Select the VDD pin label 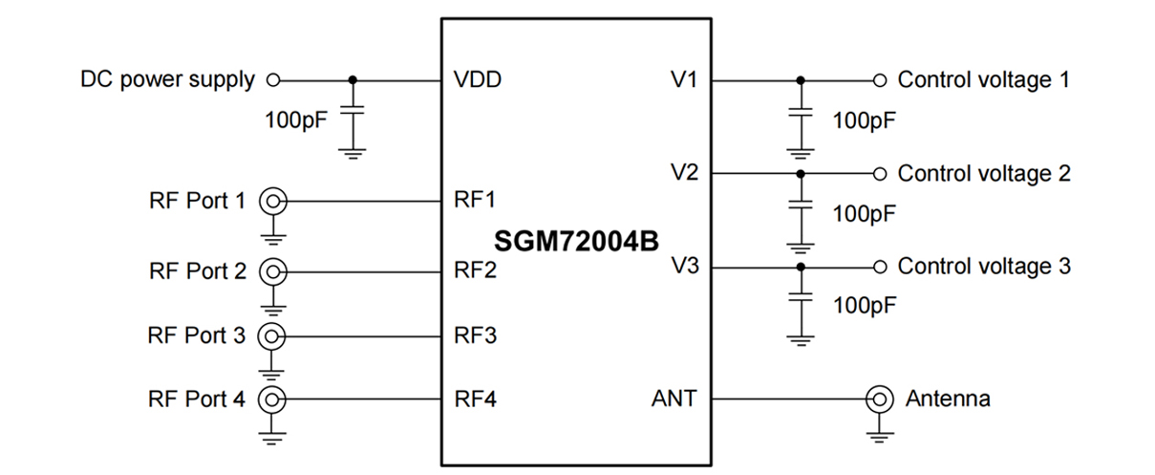(x=478, y=79)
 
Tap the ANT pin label (x=674, y=398)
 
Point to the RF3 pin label (x=476, y=335)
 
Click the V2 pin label (x=684, y=173)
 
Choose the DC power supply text (x=167, y=79)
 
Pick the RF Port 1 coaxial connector (x=274, y=201)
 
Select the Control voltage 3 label (x=984, y=266)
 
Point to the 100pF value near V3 (x=864, y=307)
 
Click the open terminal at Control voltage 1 (x=880, y=79)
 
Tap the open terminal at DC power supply (x=272, y=79)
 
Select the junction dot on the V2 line (x=801, y=173)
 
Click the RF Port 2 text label (x=198, y=270)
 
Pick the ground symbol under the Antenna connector (x=878, y=436)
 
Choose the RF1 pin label (x=476, y=201)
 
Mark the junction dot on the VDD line (x=354, y=79)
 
